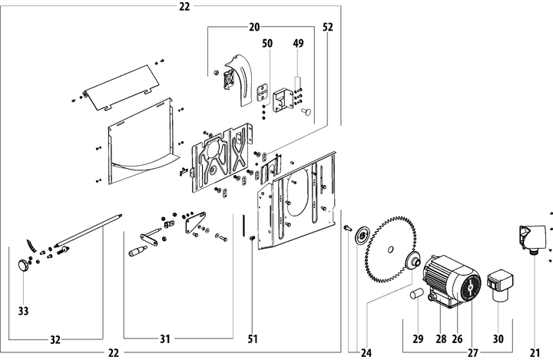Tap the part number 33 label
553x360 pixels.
[x=23, y=312]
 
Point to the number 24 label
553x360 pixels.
[x=366, y=353]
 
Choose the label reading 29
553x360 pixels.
[x=418, y=338]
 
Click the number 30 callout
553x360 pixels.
[x=498, y=338]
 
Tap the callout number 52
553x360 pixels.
[x=328, y=26]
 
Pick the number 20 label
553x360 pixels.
[x=254, y=26]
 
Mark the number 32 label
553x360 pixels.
[x=55, y=339]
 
